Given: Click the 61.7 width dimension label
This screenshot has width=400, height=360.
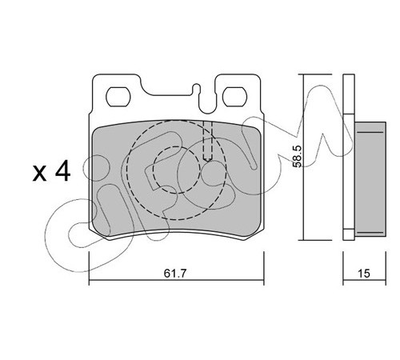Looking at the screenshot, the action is click(174, 274).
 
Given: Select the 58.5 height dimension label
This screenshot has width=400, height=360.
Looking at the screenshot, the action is click(297, 156).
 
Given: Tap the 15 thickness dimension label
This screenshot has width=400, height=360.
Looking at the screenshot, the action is click(364, 274).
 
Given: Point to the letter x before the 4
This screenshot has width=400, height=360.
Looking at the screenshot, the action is click(39, 174).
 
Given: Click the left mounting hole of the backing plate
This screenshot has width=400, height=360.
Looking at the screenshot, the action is click(118, 97).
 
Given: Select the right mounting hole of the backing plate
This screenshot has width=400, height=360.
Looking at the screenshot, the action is click(234, 97).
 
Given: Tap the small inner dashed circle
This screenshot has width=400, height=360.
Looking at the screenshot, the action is click(177, 170).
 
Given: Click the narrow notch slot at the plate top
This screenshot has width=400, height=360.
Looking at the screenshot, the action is click(197, 90).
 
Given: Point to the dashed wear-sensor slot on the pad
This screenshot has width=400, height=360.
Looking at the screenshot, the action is click(207, 142).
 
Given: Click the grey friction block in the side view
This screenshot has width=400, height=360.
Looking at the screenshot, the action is click(370, 179).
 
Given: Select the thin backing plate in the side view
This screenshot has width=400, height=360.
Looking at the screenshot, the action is click(349, 157).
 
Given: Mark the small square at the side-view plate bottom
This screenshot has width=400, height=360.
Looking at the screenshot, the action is click(349, 234).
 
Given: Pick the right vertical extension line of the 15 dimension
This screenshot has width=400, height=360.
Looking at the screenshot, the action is click(386, 268).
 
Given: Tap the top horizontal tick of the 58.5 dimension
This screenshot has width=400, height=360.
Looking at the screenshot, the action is click(315, 74).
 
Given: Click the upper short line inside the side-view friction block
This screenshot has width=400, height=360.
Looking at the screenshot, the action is click(370, 132).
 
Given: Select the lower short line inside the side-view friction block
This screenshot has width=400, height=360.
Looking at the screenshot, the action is click(370, 233).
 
